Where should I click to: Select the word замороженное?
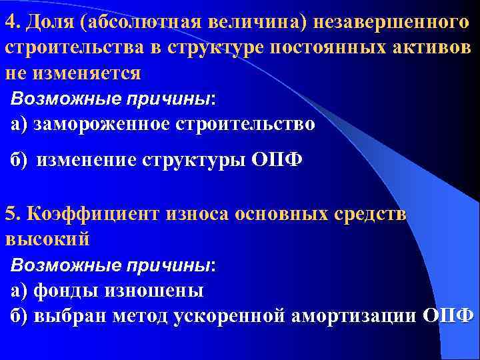tap(100, 125)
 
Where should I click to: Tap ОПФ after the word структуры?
tap(279, 161)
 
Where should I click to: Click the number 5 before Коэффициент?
tap(9, 214)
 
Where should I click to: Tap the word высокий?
tap(46, 238)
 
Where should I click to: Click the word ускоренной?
tap(231, 315)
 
